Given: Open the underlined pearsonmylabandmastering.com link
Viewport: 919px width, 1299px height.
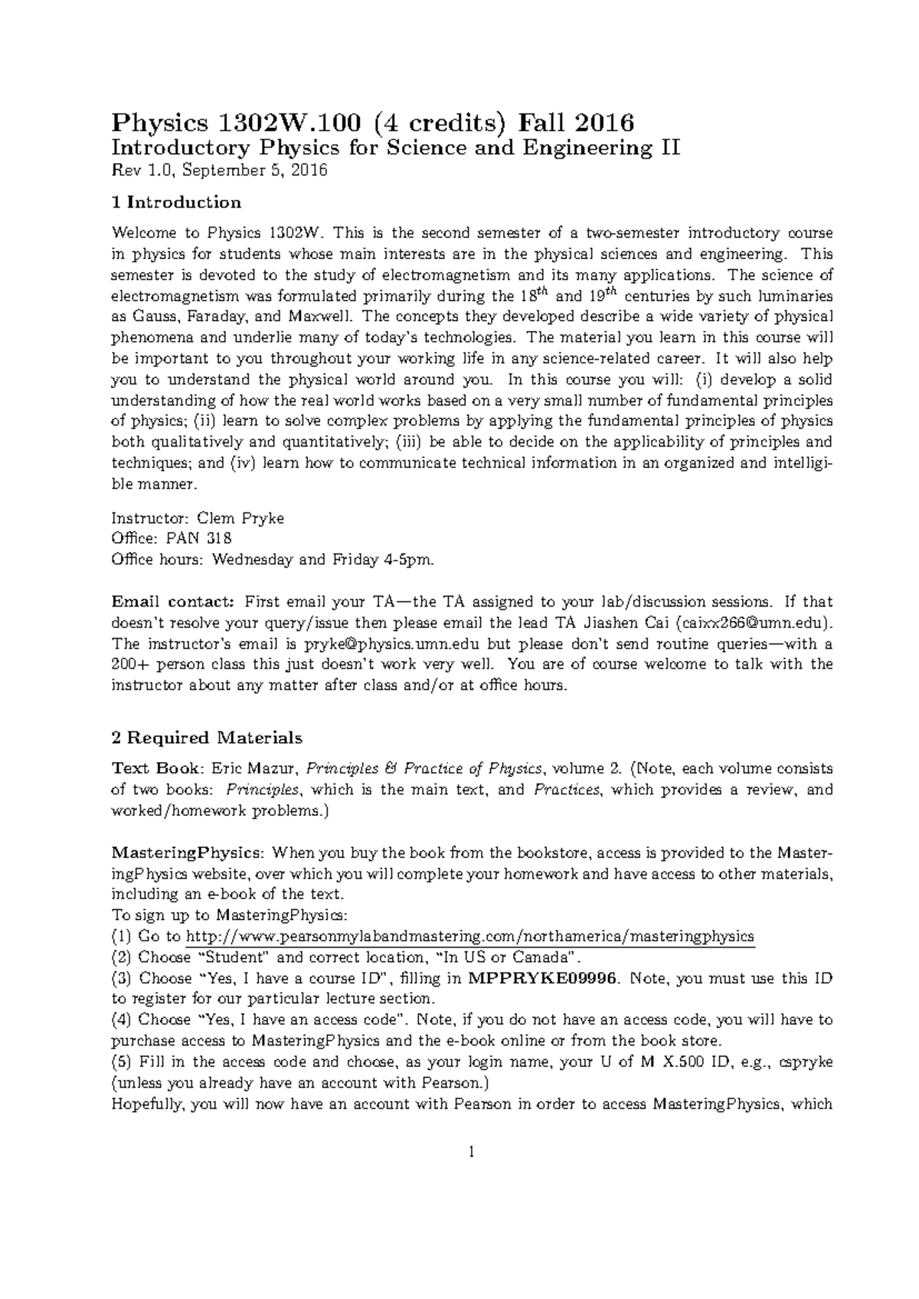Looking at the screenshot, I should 470,936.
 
